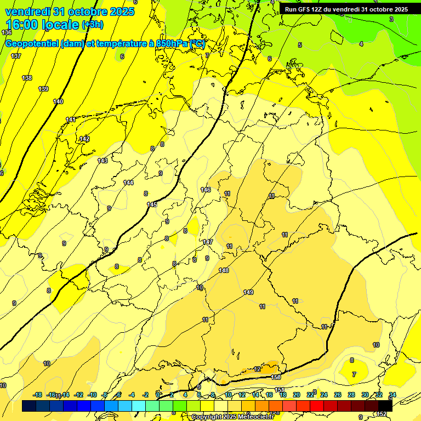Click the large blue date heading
69,12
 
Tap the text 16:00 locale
42,25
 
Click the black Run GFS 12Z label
346,9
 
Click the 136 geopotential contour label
7,48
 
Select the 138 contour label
27,78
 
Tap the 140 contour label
58,101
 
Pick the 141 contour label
71,120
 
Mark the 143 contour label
103,161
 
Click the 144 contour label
128,183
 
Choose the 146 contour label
206,190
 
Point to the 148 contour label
224,270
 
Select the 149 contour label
248,292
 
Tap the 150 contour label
276,377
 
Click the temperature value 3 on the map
391,19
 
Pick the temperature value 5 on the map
300,45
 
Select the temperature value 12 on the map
258,369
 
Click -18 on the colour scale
37,395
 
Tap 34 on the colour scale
392,395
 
